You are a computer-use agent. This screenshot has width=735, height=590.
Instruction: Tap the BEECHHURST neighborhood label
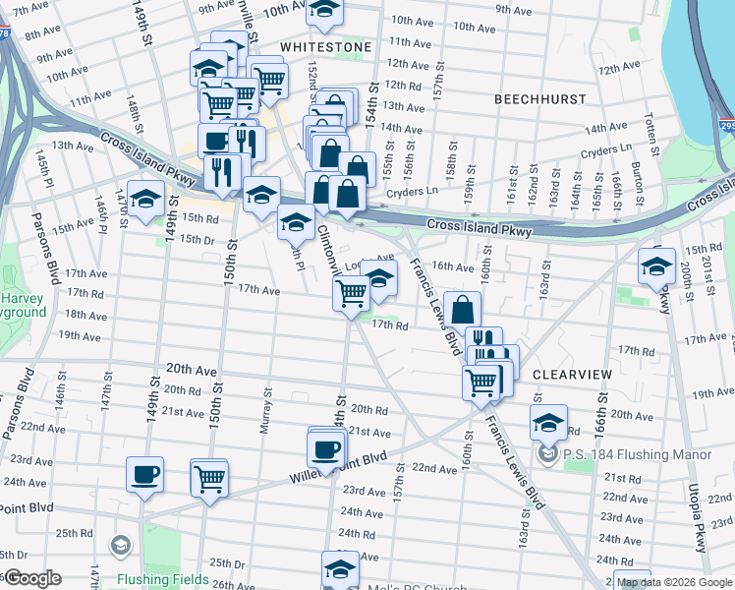pyautogui.click(x=539, y=99)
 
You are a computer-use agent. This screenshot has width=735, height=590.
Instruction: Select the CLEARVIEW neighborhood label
pyautogui.click(x=573, y=376)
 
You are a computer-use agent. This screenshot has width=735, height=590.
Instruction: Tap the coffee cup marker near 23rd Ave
pyautogui.click(x=145, y=475)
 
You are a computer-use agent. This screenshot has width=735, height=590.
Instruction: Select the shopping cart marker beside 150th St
pyautogui.click(x=209, y=479)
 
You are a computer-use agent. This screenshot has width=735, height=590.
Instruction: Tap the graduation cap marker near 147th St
pyautogui.click(x=145, y=199)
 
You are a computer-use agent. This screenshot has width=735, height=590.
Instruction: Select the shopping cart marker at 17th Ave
pyautogui.click(x=351, y=293)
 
